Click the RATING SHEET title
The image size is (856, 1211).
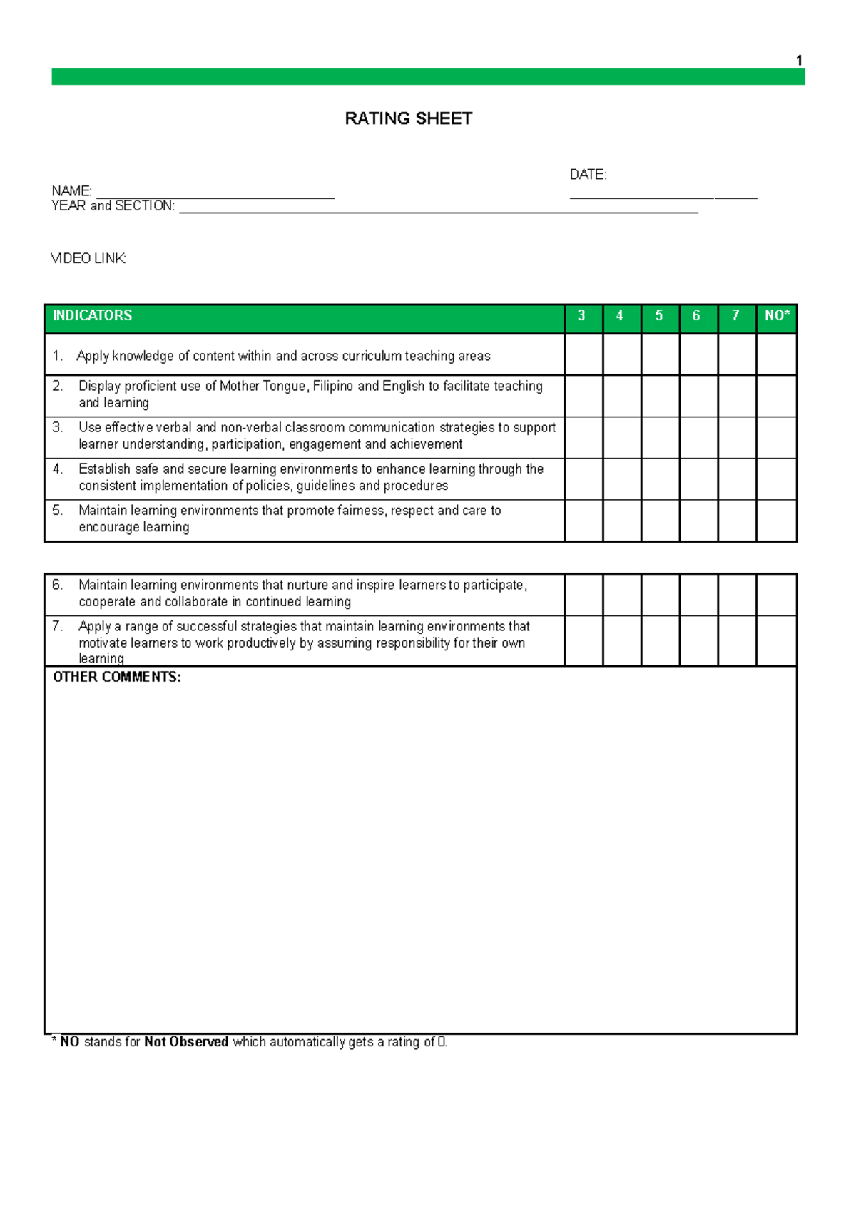coord(408,118)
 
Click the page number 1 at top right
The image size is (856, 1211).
coord(799,61)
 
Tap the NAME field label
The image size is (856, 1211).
coord(71,191)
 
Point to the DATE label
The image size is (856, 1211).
coord(588,175)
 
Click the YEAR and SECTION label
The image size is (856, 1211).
coord(113,206)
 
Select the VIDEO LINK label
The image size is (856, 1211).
coord(88,258)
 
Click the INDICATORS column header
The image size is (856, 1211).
coord(92,315)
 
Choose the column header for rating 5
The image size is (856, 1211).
coord(659,315)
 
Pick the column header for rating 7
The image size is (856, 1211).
coord(735,315)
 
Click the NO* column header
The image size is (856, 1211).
coord(777,315)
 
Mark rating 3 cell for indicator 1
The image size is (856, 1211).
coord(584,354)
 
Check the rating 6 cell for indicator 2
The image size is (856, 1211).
coord(698,396)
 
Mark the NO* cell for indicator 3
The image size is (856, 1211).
coord(776,437)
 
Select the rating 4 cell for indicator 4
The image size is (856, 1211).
coord(621,479)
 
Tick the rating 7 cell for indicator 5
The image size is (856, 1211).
coord(736,521)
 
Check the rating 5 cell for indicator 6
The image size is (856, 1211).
coord(660,595)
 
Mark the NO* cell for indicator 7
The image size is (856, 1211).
coord(776,641)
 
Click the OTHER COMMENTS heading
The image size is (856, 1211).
coord(117,677)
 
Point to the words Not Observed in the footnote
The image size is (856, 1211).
coord(186,1042)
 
